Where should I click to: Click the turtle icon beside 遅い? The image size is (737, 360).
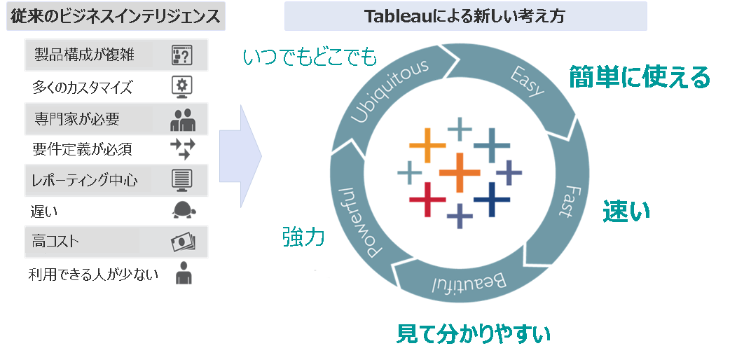(x=184, y=210)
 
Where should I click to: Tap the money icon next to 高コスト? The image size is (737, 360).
(x=183, y=242)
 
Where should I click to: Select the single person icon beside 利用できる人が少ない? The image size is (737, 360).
(x=184, y=272)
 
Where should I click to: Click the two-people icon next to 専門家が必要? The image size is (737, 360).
(x=182, y=120)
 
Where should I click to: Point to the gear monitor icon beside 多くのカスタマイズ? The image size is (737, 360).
(x=182, y=87)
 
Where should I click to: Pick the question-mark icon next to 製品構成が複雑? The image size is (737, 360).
(x=182, y=55)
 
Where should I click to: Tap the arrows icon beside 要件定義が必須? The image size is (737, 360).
(x=182, y=148)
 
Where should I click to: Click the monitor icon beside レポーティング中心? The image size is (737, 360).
(x=182, y=181)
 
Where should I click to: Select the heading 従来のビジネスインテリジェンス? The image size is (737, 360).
(x=115, y=16)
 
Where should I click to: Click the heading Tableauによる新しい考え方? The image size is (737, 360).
(x=465, y=16)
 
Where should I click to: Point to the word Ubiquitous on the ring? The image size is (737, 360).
(x=390, y=91)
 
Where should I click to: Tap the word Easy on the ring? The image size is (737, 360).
(x=527, y=81)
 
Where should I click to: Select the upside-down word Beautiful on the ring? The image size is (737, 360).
(x=468, y=284)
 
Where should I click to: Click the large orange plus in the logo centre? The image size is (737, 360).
(x=460, y=172)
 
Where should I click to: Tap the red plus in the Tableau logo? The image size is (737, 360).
(x=427, y=200)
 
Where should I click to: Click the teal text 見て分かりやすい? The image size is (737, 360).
(x=473, y=334)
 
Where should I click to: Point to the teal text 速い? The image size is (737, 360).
(x=626, y=211)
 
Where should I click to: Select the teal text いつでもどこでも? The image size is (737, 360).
(x=310, y=57)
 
